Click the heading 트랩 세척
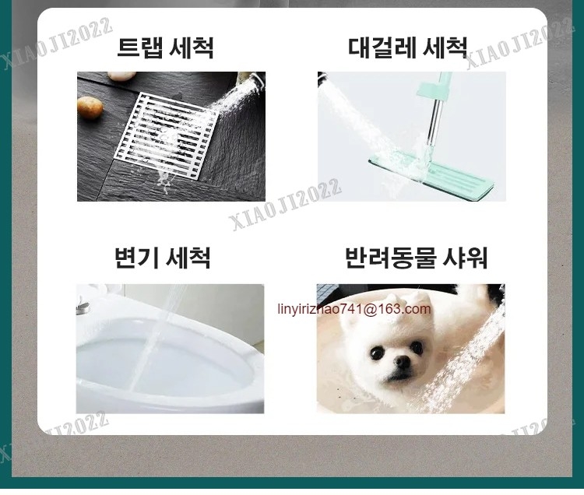tap(165, 47)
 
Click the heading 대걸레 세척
tap(407, 47)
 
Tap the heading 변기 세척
tap(163, 257)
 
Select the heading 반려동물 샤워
tap(416, 257)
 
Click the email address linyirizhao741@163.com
tap(354, 309)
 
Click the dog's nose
tap(402, 360)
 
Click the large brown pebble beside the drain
tap(90, 107)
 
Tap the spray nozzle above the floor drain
tap(257, 81)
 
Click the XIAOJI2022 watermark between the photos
tap(285, 205)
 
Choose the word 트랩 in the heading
tap(140, 47)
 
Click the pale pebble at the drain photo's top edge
tap(121, 76)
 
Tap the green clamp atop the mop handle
tap(434, 88)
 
